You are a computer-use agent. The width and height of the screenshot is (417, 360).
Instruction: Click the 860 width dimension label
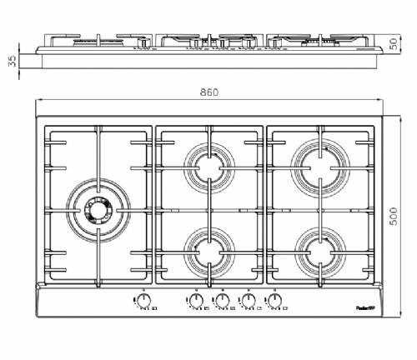209,92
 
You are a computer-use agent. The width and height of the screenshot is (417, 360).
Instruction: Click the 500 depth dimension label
404,217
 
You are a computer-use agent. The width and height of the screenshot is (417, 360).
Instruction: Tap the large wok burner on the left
97,208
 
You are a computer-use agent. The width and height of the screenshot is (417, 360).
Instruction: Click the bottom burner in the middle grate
209,247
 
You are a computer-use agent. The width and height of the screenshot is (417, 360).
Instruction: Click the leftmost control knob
143,299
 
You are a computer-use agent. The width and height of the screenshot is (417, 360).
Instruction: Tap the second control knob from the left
195,299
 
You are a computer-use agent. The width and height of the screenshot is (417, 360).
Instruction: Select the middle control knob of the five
222,299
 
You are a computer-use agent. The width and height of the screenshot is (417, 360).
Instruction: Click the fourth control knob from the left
249,299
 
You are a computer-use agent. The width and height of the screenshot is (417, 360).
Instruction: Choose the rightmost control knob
275,299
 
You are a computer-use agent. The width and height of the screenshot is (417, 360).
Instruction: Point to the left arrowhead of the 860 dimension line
38,101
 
